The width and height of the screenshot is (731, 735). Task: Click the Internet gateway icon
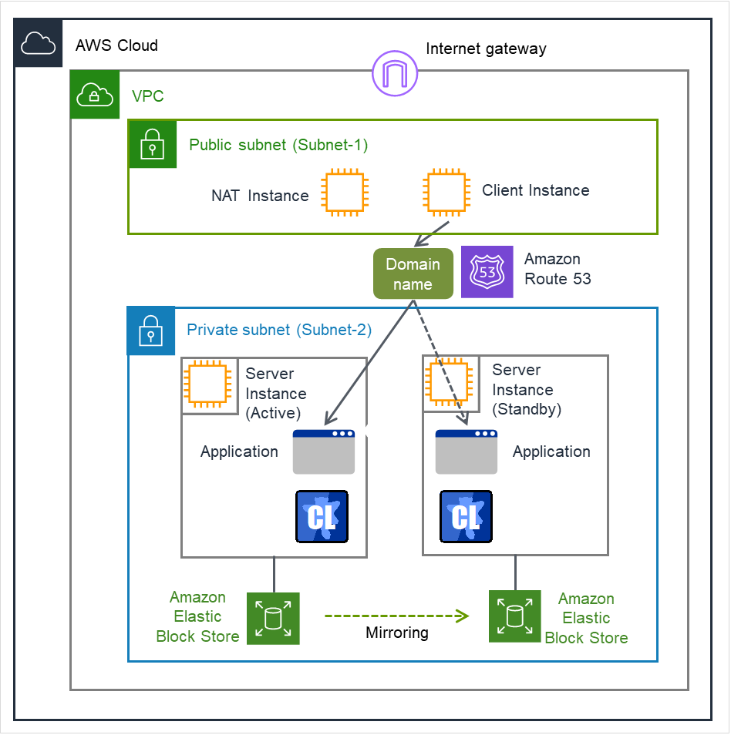click(x=395, y=75)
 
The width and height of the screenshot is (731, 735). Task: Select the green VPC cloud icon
click(x=94, y=95)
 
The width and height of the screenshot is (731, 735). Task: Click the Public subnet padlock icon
click(x=153, y=144)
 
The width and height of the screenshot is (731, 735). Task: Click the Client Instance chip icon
click(x=445, y=192)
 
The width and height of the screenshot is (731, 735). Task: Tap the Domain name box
click(x=413, y=274)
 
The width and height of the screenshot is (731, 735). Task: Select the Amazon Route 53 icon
click(x=487, y=272)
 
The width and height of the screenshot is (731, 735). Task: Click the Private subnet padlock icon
click(x=151, y=331)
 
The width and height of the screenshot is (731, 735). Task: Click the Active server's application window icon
click(x=324, y=451)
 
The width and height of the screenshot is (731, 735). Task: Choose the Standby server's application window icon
click(x=467, y=451)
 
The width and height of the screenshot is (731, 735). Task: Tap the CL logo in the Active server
click(x=322, y=515)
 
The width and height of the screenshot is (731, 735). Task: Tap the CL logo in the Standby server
click(x=466, y=515)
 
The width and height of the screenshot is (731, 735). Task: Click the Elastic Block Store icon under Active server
click(x=273, y=619)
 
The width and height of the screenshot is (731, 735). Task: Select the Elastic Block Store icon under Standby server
click(x=515, y=616)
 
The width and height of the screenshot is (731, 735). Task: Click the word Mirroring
click(x=396, y=633)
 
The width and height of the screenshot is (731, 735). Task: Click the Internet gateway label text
click(x=486, y=49)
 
